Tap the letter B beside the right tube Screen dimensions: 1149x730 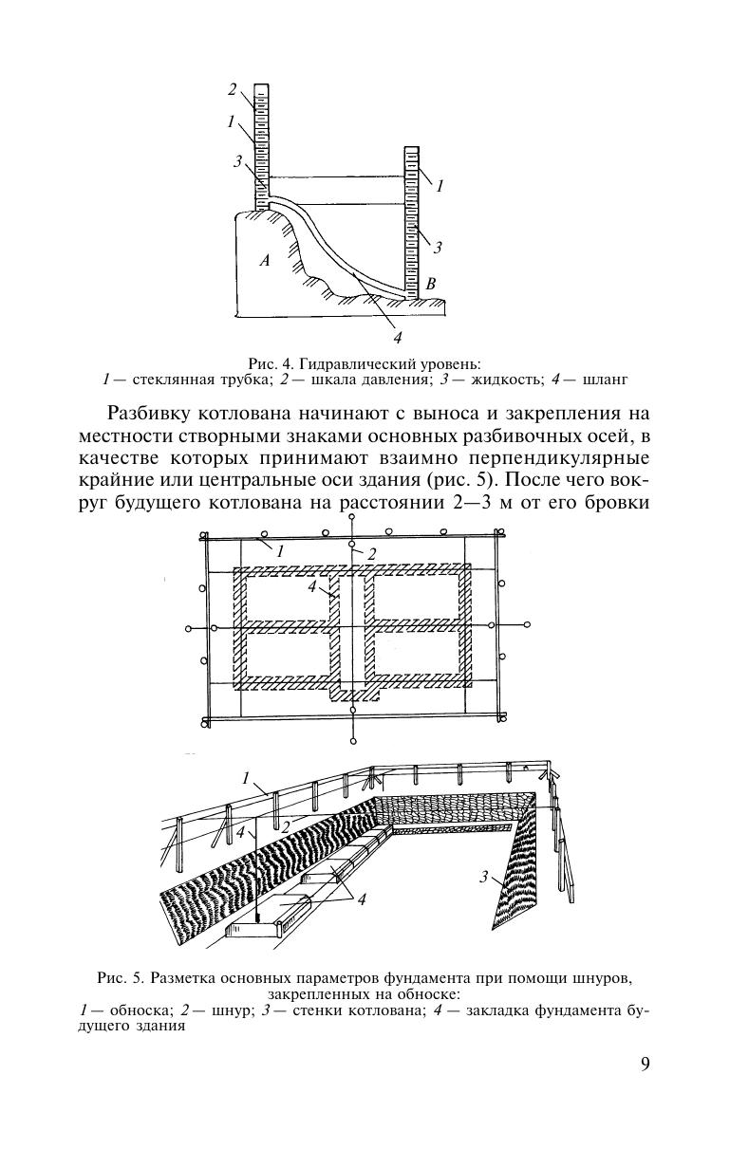[431, 283]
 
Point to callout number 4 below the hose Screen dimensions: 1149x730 [398, 336]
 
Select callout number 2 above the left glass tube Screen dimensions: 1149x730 [232, 89]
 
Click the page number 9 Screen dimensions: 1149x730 [646, 1063]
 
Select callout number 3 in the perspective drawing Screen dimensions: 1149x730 [483, 878]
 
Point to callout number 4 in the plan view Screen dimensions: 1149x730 [311, 587]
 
